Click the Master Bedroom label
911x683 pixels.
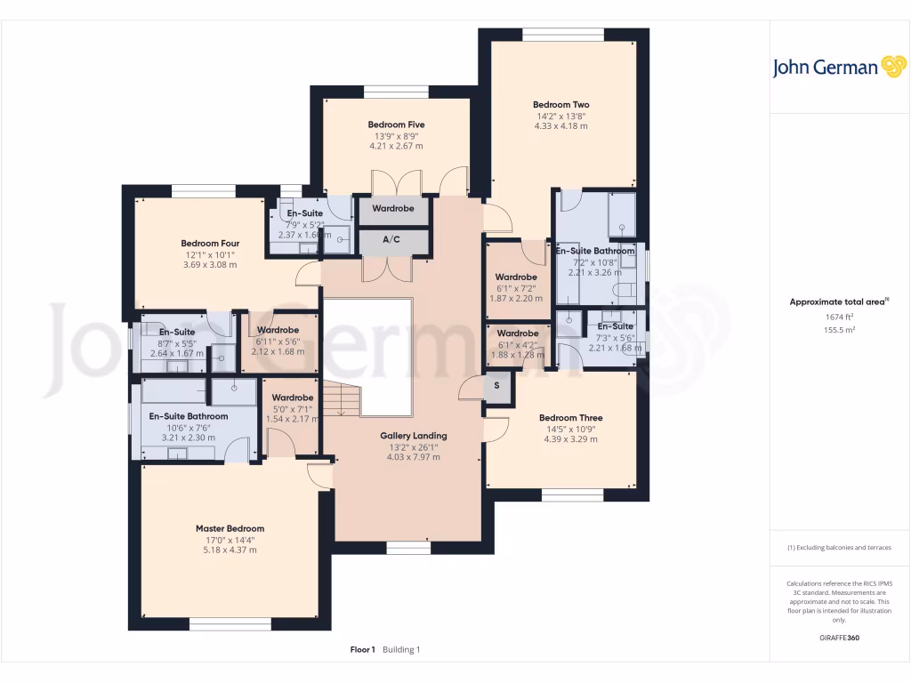pos(230,528)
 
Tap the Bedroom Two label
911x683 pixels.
pos(560,105)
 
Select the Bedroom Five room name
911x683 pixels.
pos(396,125)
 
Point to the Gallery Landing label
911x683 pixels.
pos(413,436)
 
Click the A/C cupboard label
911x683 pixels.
pos(391,240)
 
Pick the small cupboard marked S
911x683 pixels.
pos(496,387)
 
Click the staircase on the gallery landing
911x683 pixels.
pos(340,400)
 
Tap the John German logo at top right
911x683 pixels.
pos(839,67)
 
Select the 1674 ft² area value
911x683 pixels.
pos(839,317)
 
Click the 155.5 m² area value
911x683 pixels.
pos(839,329)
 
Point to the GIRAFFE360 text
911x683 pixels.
pos(839,638)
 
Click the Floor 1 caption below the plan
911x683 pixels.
pos(363,650)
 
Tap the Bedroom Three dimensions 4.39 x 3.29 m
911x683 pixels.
pos(570,439)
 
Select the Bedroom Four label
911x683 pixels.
pos(210,244)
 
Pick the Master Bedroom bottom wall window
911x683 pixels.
pos(230,623)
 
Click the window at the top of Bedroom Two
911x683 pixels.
pos(563,35)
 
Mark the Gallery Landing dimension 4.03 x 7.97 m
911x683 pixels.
pos(413,457)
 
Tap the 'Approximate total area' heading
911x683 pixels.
pos(837,302)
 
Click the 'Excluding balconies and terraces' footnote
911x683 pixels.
pos(839,548)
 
